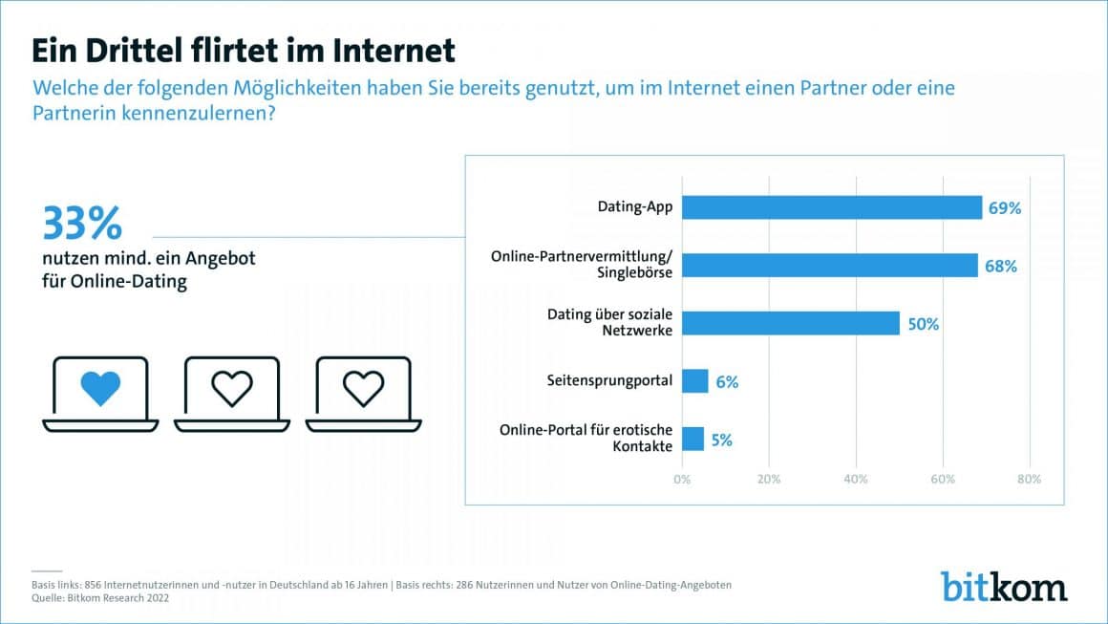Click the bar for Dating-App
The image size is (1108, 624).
click(x=832, y=207)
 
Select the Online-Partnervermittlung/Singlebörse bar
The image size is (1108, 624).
click(x=830, y=266)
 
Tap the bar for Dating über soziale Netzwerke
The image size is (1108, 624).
click(x=791, y=323)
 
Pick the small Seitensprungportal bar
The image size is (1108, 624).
click(x=695, y=381)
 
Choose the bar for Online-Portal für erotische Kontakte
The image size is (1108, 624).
click(x=693, y=440)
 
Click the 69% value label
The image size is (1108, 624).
click(x=1005, y=207)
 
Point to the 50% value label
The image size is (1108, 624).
click(x=923, y=324)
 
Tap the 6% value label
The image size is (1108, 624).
click(x=727, y=382)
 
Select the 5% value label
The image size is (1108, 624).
click(x=722, y=441)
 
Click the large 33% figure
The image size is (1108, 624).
click(x=82, y=224)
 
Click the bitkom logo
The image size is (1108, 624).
click(x=1004, y=586)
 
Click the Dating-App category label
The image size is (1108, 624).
click(x=635, y=207)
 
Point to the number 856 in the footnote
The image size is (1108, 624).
click(x=95, y=584)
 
